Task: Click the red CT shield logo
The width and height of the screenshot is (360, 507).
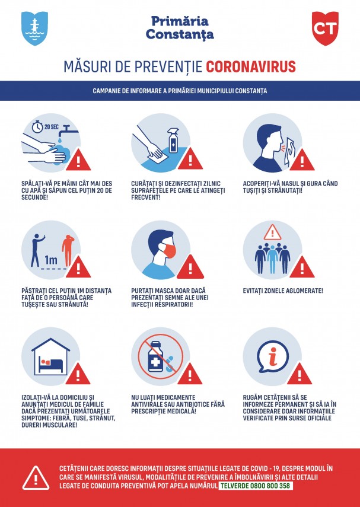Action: point(325,28)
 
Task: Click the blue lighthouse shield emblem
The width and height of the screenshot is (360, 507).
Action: point(34,28)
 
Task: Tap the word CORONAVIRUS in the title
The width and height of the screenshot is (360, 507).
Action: point(251,66)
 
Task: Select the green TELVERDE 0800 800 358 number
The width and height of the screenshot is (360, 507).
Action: point(256,486)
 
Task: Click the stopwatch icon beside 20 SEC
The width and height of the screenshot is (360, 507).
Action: point(37,127)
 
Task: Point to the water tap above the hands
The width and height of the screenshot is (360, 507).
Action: point(70,130)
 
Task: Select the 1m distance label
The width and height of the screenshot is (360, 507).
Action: point(51,259)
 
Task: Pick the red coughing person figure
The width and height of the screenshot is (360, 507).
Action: point(68,251)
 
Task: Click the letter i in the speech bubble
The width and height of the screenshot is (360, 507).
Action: point(273,356)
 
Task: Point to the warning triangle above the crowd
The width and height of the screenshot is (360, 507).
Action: point(272,232)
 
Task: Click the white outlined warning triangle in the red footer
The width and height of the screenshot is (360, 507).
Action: point(36,479)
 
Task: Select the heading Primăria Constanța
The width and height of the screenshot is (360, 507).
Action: point(180,28)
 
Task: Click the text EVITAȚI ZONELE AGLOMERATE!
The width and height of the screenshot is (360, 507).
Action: point(283,291)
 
